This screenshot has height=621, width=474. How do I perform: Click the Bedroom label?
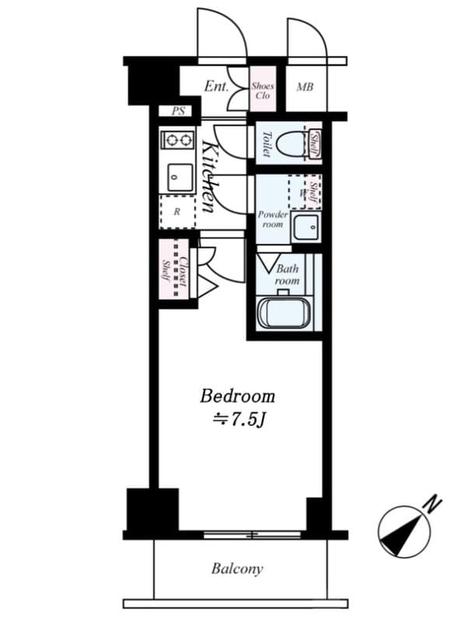tap(237, 396)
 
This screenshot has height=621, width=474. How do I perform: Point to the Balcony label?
tap(237, 569)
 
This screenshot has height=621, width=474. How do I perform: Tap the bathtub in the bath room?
tap(284, 313)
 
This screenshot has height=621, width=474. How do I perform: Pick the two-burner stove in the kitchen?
tap(177, 140)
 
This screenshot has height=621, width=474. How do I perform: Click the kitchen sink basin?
tap(180, 178)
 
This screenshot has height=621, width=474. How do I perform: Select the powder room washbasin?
tap(305, 227)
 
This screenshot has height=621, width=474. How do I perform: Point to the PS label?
tap(179, 111)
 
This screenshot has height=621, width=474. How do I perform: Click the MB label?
tap(305, 86)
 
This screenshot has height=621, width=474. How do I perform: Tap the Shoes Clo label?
tap(263, 91)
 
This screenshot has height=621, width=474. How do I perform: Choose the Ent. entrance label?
tap(216, 87)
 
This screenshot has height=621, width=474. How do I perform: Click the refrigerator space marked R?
tap(177, 212)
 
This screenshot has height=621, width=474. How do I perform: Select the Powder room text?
tap(273, 219)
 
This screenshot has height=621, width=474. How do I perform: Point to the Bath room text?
tap(288, 275)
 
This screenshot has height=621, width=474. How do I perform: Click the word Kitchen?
tap(209, 177)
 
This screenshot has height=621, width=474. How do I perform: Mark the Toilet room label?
tap(267, 144)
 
